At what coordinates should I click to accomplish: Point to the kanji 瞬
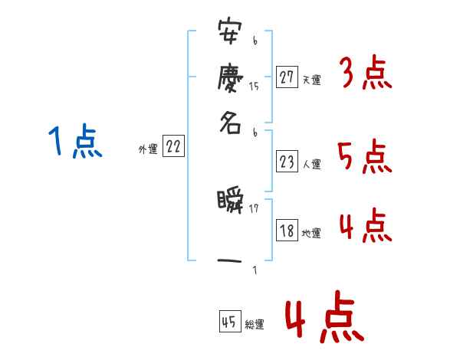tap(230, 203)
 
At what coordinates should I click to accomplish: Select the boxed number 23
tap(287, 162)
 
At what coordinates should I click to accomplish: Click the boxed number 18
tap(287, 231)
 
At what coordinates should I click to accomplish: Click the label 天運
tap(310, 79)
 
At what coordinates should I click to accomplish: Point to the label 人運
tap(311, 164)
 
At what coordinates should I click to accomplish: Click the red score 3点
tap(365, 74)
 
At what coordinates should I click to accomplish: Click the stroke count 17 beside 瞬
tap(254, 208)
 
